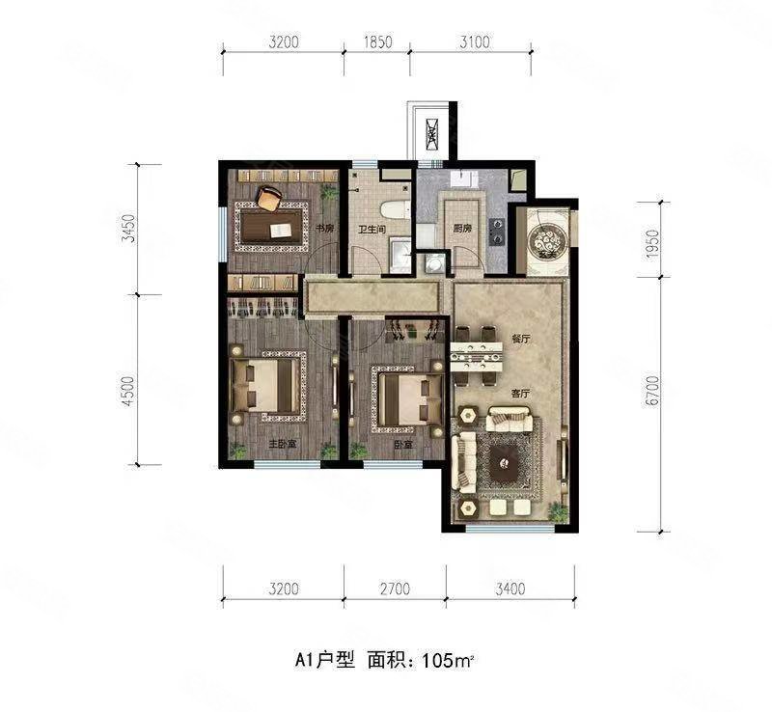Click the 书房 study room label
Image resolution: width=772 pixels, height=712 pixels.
point(324,229)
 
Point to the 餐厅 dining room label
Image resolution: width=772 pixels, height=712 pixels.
point(523,339)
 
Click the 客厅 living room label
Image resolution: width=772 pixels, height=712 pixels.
point(523,394)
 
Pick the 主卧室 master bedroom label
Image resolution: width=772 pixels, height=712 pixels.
point(281,445)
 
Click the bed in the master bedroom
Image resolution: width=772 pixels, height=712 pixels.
point(266,387)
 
